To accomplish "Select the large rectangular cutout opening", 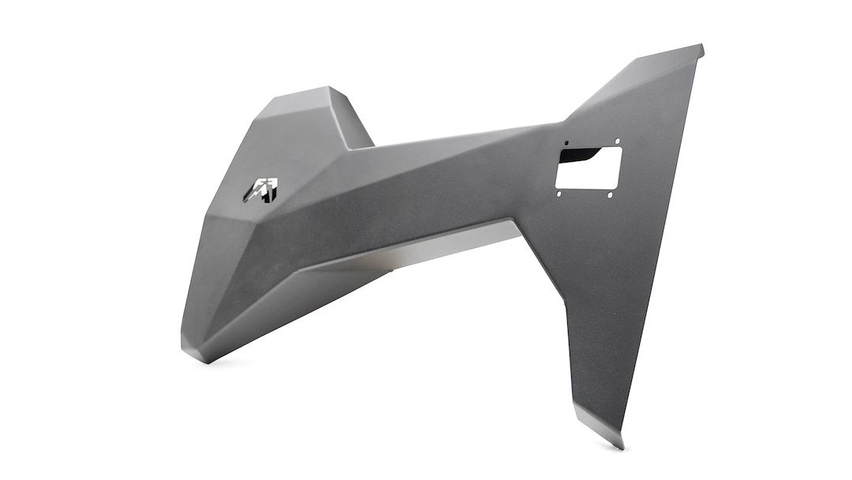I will pos(589,167).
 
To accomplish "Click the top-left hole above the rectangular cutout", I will pos(566,144).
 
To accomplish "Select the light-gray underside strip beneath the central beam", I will pos(442,245).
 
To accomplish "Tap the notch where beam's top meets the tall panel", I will pos(562,123).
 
